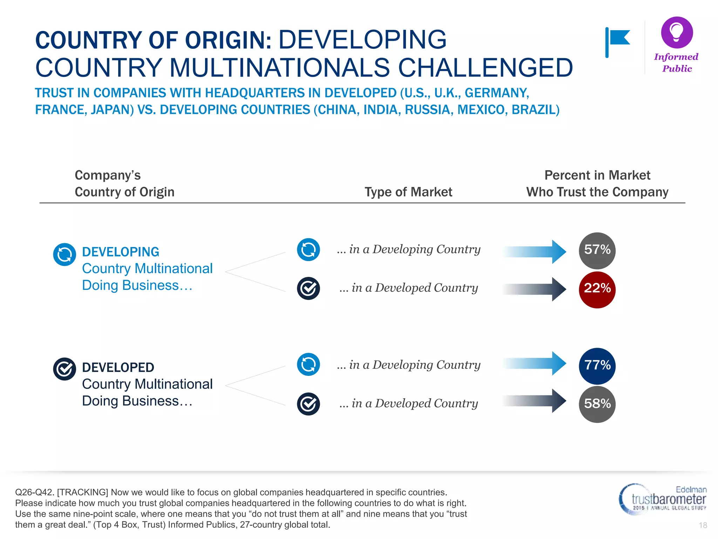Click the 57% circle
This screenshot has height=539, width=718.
pos(597,251)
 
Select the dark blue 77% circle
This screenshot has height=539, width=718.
pos(597,366)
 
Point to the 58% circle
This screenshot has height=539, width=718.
pos(597,404)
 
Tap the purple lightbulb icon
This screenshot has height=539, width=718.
pos(677,32)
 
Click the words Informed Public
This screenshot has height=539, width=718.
pos(676,63)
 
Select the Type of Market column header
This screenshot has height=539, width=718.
pos(408,192)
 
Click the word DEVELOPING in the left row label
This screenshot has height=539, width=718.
pos(121,252)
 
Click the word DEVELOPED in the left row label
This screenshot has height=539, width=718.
pos(118,367)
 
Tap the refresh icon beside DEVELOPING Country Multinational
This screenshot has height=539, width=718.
pos(65,254)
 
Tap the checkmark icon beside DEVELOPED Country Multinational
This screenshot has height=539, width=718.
pos(65,369)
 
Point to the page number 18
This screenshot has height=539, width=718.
pos(703,525)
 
